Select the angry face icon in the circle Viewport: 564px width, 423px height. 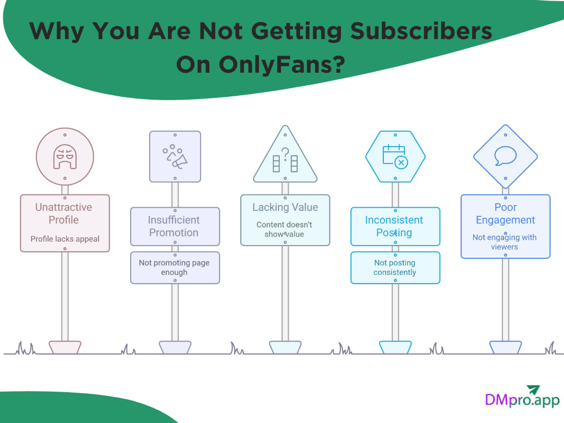point(65,156)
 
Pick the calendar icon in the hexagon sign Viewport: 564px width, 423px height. point(394,155)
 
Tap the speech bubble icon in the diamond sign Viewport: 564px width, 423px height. point(505,156)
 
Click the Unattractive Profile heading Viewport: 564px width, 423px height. point(64,214)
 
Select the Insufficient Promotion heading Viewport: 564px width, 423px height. point(174,226)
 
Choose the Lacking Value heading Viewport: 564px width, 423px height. point(285,207)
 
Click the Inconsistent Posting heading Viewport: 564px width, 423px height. point(394,226)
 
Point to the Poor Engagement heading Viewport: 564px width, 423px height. point(505,214)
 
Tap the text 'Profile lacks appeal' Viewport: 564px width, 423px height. point(65,239)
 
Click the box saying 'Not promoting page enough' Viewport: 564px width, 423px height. point(175,268)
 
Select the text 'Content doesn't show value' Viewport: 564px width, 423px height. point(285,230)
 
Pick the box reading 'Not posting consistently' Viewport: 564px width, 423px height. point(395,268)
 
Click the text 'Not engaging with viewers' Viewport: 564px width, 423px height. point(505,242)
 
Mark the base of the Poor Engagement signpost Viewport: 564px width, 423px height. point(505,347)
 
